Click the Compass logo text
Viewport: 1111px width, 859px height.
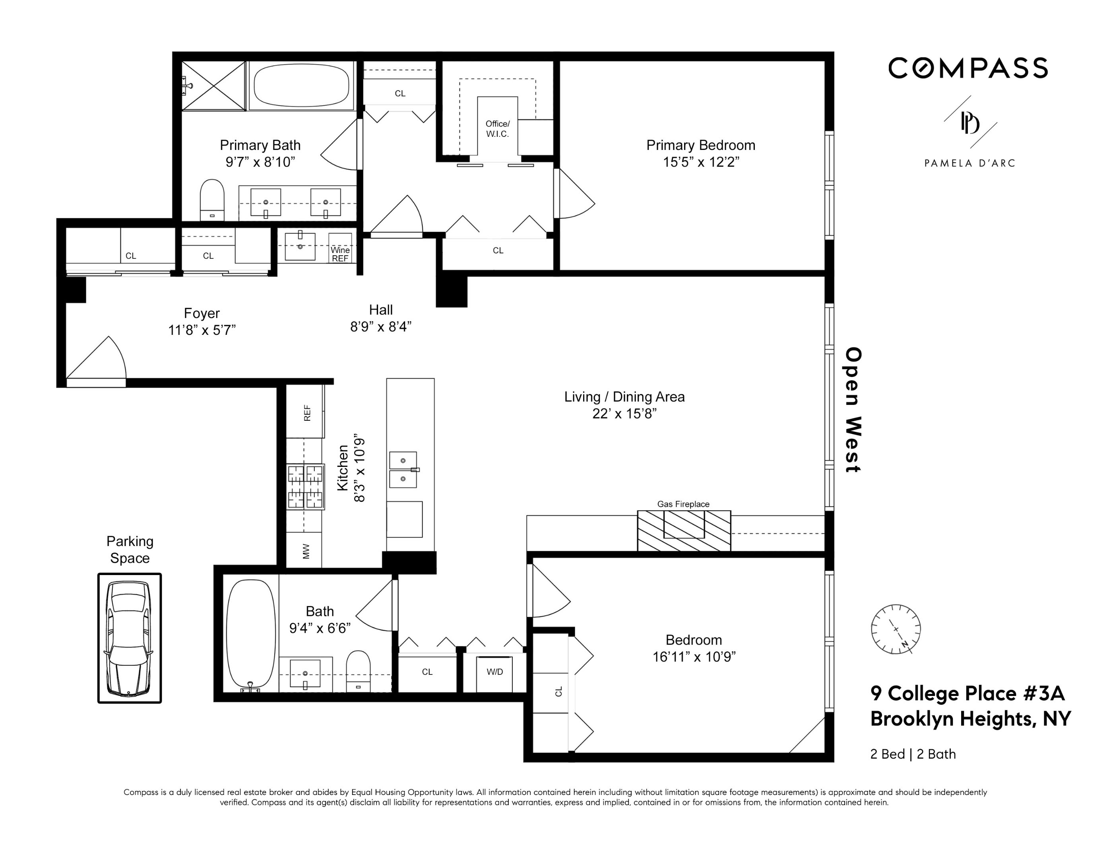point(968,68)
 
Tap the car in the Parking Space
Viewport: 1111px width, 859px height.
point(129,638)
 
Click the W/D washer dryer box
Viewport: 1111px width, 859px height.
point(494,672)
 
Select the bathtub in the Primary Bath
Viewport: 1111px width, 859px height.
point(301,85)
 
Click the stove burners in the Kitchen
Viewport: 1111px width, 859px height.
point(306,487)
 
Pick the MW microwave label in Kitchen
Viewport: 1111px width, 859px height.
point(306,551)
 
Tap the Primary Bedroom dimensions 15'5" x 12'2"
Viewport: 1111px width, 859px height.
point(700,162)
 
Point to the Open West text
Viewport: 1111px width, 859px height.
point(853,409)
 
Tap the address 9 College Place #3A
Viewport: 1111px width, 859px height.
point(967,693)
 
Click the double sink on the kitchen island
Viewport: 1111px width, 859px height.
point(403,469)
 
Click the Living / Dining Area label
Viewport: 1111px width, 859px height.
point(624,397)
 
